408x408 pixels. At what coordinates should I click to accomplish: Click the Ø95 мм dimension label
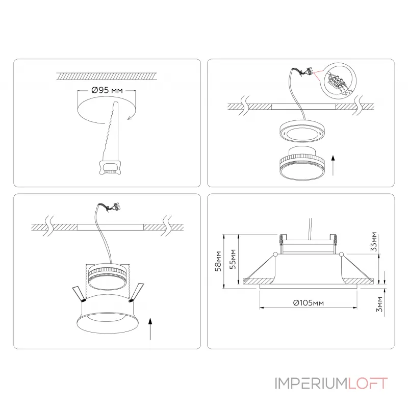(107, 90)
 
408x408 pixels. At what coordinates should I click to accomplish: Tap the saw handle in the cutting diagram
(110, 168)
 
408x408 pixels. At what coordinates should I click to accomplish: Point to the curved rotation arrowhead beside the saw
(130, 118)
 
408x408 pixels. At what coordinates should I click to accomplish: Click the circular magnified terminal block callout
(338, 81)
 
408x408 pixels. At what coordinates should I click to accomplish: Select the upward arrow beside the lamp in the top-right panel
(333, 165)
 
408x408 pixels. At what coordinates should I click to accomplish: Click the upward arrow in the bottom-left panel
(150, 328)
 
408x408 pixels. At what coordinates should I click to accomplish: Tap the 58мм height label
(218, 261)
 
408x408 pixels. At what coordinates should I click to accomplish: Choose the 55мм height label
(233, 260)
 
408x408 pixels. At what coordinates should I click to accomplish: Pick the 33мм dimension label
(374, 241)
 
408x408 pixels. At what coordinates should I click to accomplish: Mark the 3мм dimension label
(379, 304)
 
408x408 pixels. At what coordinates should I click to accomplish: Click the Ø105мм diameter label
(309, 303)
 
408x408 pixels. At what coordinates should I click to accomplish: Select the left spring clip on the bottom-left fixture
(79, 294)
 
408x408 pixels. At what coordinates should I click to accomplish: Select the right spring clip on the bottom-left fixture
(137, 292)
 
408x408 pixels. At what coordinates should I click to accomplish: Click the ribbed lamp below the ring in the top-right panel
(302, 163)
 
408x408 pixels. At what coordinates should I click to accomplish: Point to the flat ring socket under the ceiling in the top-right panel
(301, 132)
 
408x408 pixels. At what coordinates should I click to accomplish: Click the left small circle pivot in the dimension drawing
(275, 254)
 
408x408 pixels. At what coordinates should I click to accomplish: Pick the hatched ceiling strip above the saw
(107, 76)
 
